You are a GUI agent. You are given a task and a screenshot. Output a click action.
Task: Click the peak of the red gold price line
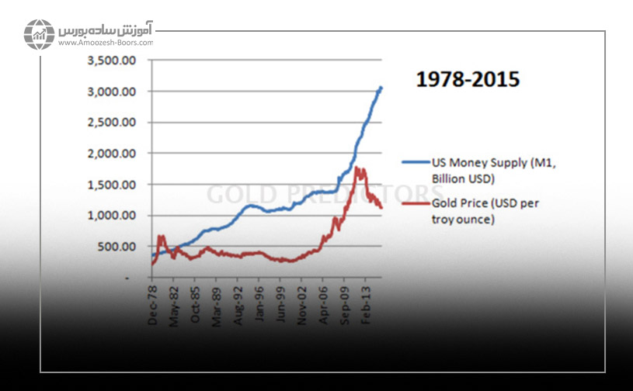pos(356,168)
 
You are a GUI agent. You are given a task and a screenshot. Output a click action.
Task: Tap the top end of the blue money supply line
pos(381,88)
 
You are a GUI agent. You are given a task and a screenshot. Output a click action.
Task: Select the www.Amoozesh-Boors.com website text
pos(105,43)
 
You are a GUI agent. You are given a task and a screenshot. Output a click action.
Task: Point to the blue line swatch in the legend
pos(414,163)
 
